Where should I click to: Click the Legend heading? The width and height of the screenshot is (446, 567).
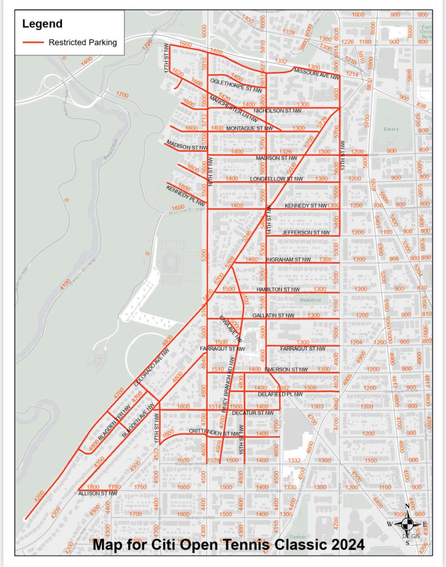pos(42,23)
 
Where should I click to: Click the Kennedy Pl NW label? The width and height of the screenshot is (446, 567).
pos(186,196)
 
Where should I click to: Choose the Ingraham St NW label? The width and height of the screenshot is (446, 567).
pos(288,259)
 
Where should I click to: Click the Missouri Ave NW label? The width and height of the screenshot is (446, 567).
pos(317,73)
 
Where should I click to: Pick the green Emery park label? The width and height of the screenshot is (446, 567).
pos(391,129)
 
